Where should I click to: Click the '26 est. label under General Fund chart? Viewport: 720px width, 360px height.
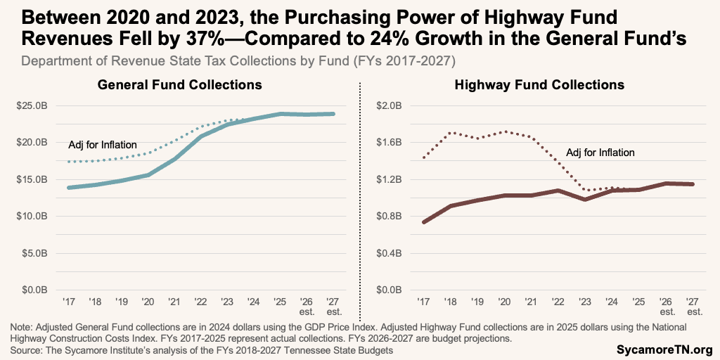click(x=306, y=306)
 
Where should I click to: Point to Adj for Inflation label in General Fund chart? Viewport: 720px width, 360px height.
click(x=103, y=145)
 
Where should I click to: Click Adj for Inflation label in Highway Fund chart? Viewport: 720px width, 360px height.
click(x=600, y=152)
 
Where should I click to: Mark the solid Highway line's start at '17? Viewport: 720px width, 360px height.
click(x=423, y=222)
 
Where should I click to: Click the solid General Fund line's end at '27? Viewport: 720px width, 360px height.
click(x=333, y=114)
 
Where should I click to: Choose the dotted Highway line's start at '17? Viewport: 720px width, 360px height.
click(x=423, y=158)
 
